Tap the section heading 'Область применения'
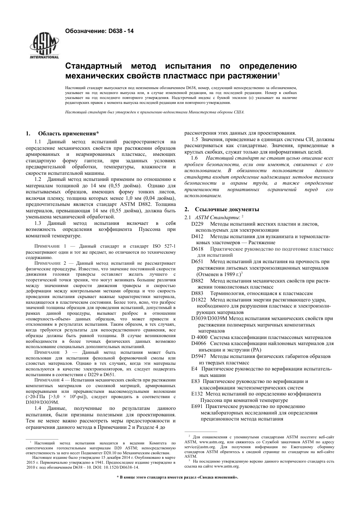[x=68, y=133]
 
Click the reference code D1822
[x=199, y=300]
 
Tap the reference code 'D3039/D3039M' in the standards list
[x=209, y=319]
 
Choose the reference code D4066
[x=199, y=344]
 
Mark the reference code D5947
[x=199, y=356]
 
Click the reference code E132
[x=197, y=394]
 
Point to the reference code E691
[x=197, y=406]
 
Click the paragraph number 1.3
[x=38, y=223]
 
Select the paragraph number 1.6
[x=194, y=158]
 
